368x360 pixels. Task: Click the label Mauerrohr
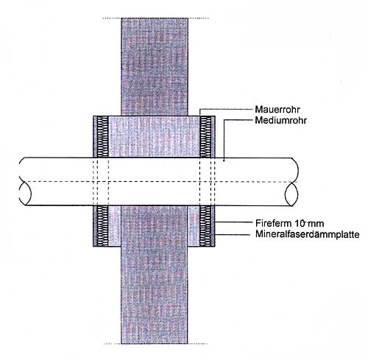coord(277,109)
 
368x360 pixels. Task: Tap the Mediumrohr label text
coord(281,120)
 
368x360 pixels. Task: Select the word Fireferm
coord(273,223)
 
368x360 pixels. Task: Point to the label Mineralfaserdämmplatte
coord(308,234)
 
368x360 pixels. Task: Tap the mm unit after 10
coord(316,224)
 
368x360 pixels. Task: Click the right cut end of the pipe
coord(291,194)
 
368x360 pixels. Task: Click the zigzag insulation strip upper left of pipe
coord(102,137)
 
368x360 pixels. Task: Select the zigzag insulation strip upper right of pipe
coord(205,137)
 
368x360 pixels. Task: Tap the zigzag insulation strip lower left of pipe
coord(102,226)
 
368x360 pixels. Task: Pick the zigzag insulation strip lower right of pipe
coord(205,226)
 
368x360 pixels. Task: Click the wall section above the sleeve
coord(155,67)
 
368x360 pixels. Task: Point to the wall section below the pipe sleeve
coord(155,275)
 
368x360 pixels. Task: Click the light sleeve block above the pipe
coord(154,137)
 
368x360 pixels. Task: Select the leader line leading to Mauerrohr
coord(227,109)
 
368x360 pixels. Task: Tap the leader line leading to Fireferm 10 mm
coord(234,222)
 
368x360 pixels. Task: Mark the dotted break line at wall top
coord(155,18)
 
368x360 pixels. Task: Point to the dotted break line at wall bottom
coord(155,344)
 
